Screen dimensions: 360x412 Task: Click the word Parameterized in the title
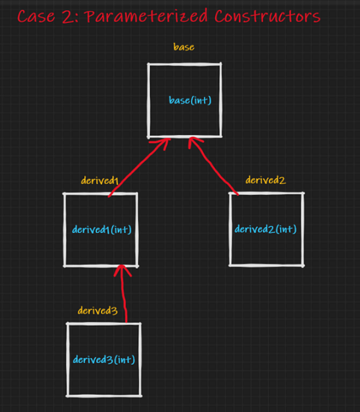point(146,17)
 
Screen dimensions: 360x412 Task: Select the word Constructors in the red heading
point(267,17)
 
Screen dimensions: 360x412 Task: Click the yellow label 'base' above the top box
point(184,47)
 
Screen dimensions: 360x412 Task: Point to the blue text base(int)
point(190,100)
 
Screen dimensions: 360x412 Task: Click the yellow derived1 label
point(100,181)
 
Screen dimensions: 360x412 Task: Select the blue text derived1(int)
point(102,230)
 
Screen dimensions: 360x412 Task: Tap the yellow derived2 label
point(265,180)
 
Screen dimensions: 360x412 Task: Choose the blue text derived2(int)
point(265,229)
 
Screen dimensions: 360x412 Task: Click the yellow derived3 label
point(97,311)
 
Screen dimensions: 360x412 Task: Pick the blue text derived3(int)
point(104,360)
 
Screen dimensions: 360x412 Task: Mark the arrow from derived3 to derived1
point(124,293)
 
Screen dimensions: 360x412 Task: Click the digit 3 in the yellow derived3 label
point(114,311)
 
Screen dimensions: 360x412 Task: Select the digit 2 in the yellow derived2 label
point(283,181)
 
